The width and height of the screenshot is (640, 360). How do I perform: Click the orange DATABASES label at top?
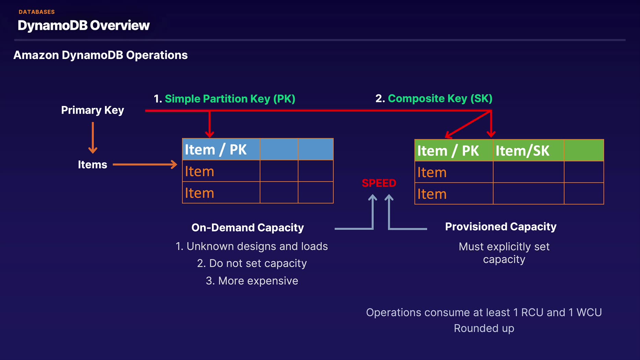[37, 12]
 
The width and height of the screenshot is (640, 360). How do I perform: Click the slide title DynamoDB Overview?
[84, 25]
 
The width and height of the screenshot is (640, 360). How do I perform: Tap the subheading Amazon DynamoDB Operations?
[100, 55]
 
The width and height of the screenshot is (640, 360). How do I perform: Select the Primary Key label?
[93, 110]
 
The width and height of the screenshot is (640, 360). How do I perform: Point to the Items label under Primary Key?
[93, 165]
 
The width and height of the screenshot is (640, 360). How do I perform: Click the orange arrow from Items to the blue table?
[145, 165]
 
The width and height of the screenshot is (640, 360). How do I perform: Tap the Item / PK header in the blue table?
[216, 149]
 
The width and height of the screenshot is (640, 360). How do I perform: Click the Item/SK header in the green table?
[522, 151]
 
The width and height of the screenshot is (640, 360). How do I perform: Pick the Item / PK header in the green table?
[448, 151]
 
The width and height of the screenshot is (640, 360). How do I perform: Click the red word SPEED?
[379, 183]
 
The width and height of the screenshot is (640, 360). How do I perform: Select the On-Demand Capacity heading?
[248, 228]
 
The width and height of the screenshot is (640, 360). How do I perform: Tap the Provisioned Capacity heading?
[501, 227]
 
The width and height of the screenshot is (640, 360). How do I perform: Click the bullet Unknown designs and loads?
[252, 246]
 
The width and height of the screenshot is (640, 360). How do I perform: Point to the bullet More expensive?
[252, 281]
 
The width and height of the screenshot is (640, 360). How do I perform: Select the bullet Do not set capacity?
[252, 263]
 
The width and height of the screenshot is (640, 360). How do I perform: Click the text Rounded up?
[484, 328]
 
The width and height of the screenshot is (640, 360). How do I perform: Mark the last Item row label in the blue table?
[199, 193]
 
